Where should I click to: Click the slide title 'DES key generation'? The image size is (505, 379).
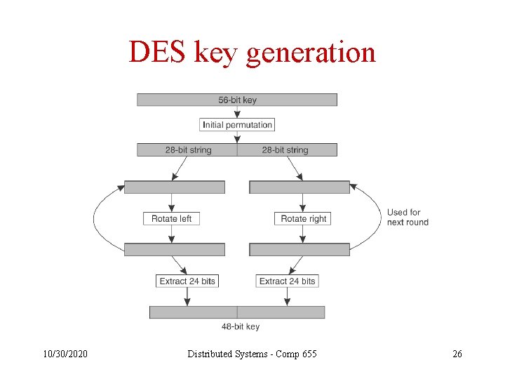tap(252, 53)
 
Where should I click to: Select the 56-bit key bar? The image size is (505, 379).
tap(237, 100)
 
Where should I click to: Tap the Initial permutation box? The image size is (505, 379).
tap(237, 125)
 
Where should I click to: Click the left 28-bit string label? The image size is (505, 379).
tap(188, 150)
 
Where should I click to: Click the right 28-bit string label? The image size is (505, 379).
tap(285, 150)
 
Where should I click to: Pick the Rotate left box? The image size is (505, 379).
tap(171, 219)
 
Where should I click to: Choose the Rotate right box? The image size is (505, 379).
tap(303, 219)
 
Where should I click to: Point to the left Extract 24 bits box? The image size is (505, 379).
tap(187, 281)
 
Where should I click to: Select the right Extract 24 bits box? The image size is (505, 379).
tap(288, 281)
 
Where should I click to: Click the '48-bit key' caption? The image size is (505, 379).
tap(241, 326)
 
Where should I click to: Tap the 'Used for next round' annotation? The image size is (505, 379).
tap(408, 217)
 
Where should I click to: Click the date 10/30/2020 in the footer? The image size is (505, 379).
tap(64, 354)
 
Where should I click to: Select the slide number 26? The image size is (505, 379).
tap(457, 354)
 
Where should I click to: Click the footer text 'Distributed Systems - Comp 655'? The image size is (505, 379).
tap(252, 354)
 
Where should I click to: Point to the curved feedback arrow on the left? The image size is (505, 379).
tap(96, 218)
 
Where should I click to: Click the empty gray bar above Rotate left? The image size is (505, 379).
tap(175, 187)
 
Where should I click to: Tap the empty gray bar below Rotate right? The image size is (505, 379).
tap(299, 249)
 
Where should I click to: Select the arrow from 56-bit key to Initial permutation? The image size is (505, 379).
tap(237, 112)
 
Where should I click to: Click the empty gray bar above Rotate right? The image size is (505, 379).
tap(299, 187)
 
